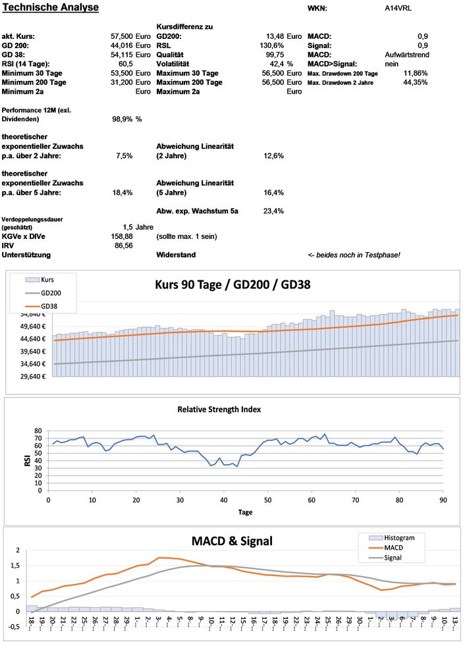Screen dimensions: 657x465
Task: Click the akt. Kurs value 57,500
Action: click(x=123, y=36)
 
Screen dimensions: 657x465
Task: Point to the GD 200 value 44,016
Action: click(x=123, y=45)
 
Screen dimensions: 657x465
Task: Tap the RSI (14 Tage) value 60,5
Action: click(x=126, y=64)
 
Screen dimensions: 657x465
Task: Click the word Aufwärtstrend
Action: click(x=406, y=55)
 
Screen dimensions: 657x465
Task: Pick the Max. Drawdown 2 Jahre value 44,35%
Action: click(x=415, y=82)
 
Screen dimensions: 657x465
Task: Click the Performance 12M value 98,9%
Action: click(x=123, y=120)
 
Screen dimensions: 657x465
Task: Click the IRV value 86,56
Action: click(x=124, y=245)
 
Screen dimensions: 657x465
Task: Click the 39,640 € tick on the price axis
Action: click(x=34, y=351)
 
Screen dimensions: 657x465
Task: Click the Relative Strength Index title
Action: click(x=219, y=409)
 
